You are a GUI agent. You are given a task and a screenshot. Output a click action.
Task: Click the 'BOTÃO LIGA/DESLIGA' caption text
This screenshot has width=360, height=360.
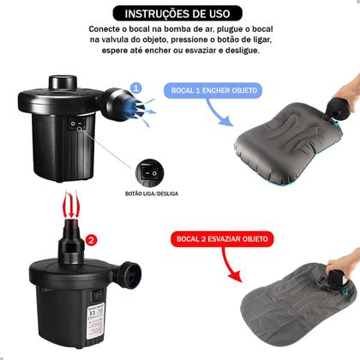tap(151, 194)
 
